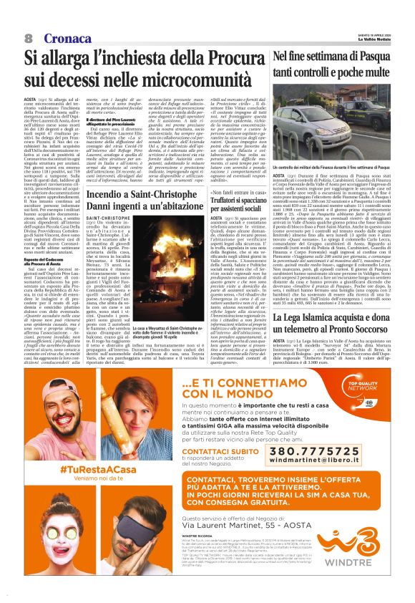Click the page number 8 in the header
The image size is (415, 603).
(x=29, y=37)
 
